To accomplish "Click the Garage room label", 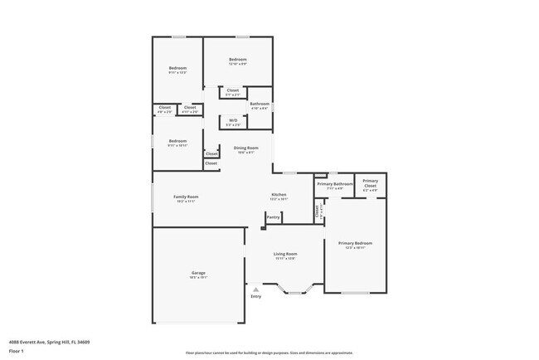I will coord(198,273).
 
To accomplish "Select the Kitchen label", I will coord(279,195).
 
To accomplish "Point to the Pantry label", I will coord(273,217).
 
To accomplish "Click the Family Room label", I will coord(185,197).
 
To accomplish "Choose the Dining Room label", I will coord(245,148).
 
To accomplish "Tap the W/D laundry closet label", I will coord(234,121).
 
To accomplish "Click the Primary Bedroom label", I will coord(354,243).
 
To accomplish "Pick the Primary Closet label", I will coord(370,182).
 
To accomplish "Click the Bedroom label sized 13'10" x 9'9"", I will coord(238,60).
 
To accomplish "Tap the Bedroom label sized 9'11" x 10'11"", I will coord(177,142).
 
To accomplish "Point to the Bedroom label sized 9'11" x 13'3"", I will coord(177,69).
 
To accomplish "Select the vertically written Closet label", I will coord(317,211).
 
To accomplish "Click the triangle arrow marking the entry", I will coord(255,289).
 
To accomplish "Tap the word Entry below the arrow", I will coord(255,296).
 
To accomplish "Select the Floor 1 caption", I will coord(17,351).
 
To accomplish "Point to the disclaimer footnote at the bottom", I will coord(269,353).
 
